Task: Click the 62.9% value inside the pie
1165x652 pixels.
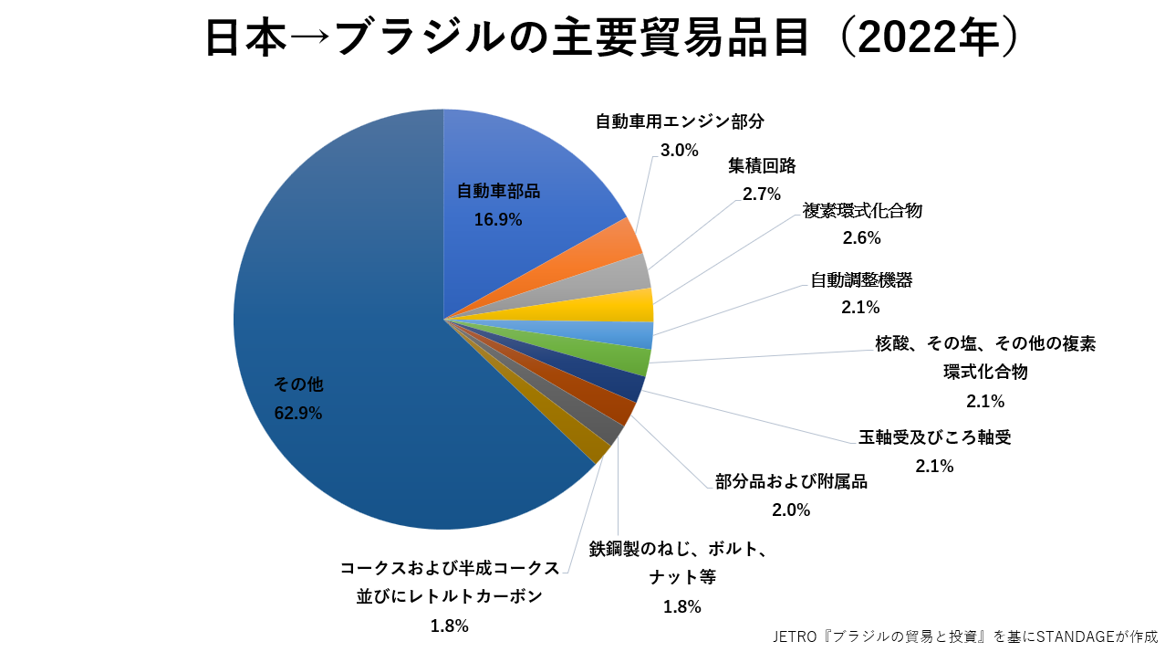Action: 298,413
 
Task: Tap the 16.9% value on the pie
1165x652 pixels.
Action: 498,219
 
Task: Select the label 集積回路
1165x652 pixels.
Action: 762,166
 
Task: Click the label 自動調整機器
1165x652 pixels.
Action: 861,280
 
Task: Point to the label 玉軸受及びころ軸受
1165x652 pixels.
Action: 934,437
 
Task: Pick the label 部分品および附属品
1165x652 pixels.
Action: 791,482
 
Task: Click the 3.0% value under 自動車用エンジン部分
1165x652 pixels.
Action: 679,149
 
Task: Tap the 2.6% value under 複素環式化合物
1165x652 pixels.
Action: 862,238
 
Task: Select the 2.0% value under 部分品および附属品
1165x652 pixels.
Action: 791,510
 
